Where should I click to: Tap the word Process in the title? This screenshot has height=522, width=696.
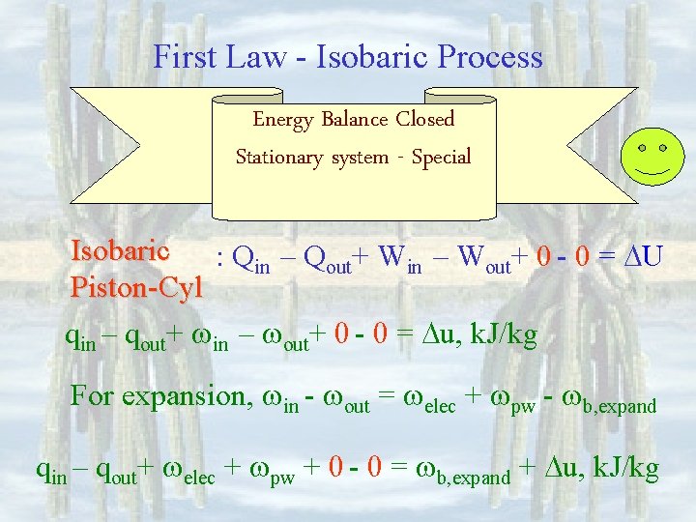490,57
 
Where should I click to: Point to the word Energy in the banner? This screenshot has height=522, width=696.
282,120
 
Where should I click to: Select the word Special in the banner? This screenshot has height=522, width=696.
441,157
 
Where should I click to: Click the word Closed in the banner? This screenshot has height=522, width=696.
424,120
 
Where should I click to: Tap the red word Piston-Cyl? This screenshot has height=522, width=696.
136,287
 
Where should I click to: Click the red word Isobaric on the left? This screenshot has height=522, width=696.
121,251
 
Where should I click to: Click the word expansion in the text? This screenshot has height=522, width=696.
188,397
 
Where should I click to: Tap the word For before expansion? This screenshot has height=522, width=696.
92,397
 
